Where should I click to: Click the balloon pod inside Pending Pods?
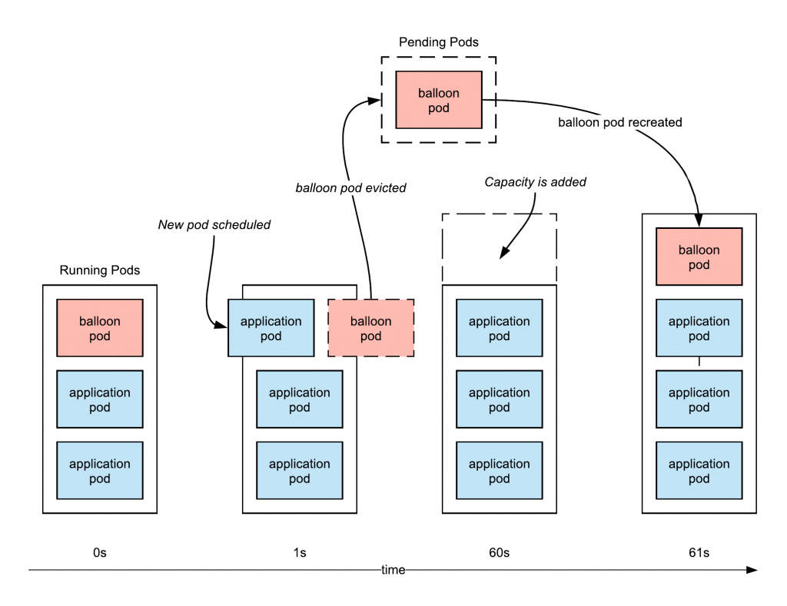[x=439, y=100]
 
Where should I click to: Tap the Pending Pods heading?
[x=439, y=42]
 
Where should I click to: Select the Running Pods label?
[x=99, y=270]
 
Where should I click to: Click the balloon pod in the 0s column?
[x=100, y=328]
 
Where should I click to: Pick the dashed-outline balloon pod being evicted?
[x=371, y=328]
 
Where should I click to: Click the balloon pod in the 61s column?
[x=699, y=257]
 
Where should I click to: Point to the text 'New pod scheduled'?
[x=214, y=225]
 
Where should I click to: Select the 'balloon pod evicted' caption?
[x=350, y=187]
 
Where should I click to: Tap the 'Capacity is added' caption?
[x=535, y=181]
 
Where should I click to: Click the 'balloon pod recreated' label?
[x=620, y=122]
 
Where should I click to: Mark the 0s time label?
[x=100, y=552]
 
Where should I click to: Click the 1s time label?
[x=300, y=552]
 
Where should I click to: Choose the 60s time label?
[x=500, y=552]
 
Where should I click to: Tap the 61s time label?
[x=699, y=552]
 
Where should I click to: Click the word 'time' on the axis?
[x=393, y=570]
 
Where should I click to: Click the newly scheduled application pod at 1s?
[x=271, y=328]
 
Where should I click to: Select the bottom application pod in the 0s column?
[x=100, y=471]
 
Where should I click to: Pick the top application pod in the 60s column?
[x=500, y=328]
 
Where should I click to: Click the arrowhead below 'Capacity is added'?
[x=504, y=253]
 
